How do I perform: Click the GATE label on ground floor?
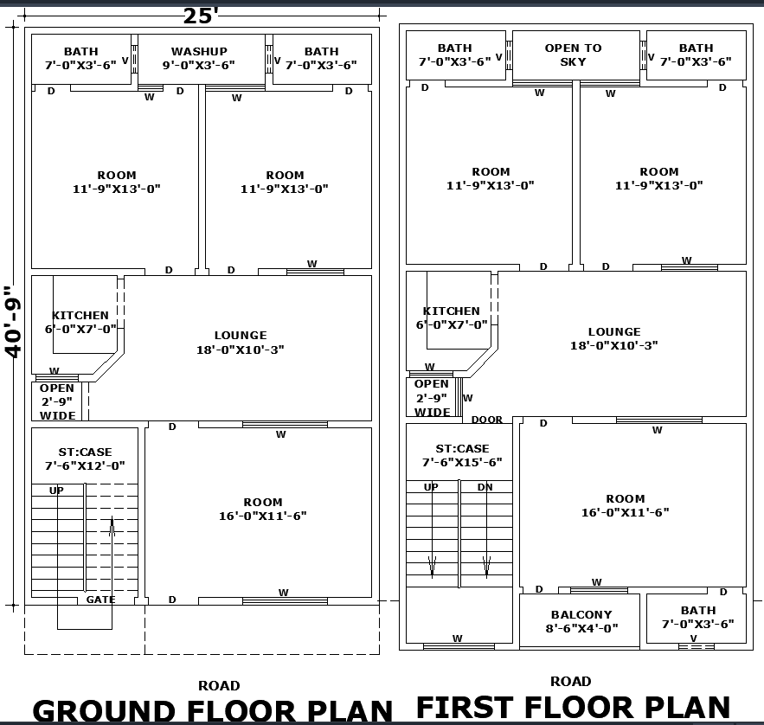(100, 600)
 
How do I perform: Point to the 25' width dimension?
(201, 16)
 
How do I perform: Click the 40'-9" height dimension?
(13, 321)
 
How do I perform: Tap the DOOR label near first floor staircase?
(487, 420)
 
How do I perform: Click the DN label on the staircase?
(485, 487)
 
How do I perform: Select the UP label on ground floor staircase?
(56, 491)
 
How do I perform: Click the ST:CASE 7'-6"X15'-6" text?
(461, 456)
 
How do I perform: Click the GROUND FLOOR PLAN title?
(213, 711)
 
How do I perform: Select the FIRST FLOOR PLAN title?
(574, 707)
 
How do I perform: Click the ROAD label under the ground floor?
(219, 685)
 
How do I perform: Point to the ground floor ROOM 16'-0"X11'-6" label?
(262, 509)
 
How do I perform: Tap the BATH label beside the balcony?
(697, 617)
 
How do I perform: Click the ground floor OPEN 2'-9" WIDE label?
(57, 401)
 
